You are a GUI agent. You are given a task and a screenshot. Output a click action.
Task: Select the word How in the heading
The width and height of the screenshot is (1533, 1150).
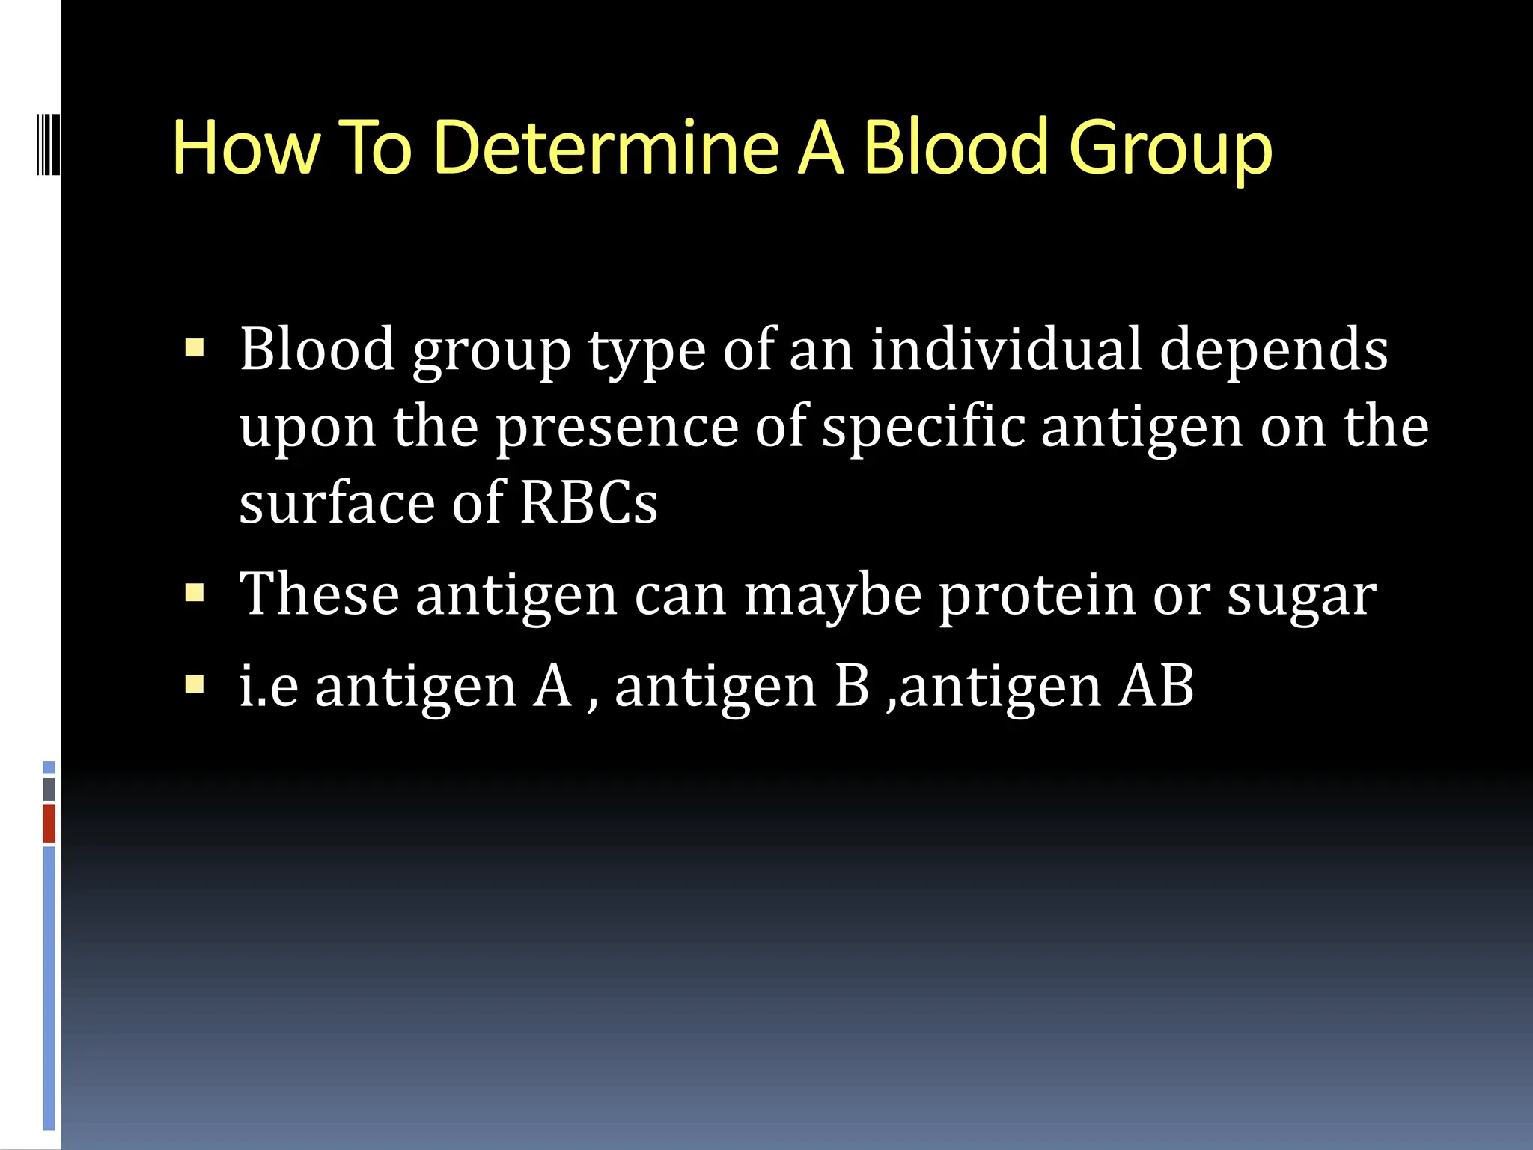click(245, 147)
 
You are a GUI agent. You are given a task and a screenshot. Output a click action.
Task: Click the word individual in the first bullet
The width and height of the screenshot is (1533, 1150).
click(1006, 349)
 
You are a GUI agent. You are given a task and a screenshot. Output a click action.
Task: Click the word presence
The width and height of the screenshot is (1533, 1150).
click(618, 427)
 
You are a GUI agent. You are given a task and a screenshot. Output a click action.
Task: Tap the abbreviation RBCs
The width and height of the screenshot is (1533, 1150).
click(588, 502)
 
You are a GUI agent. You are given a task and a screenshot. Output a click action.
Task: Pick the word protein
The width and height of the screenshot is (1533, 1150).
click(1037, 595)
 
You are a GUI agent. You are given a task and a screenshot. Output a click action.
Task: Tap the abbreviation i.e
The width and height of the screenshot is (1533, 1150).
click(269, 686)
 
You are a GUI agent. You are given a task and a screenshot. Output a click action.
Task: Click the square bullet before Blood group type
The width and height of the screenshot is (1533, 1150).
click(195, 348)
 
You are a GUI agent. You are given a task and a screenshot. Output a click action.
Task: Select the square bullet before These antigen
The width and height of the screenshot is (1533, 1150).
click(195, 594)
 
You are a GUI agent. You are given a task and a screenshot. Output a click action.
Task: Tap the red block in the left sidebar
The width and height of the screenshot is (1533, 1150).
click(49, 824)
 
